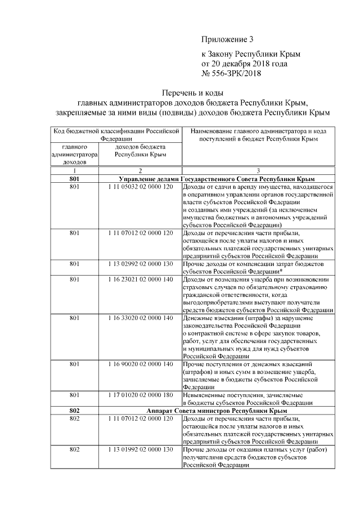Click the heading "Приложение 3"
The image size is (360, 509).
(228, 39)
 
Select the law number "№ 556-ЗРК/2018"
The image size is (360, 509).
(231, 73)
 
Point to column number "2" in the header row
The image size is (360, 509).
(140, 170)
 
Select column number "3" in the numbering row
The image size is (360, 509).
(258, 170)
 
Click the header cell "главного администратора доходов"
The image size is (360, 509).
(74, 153)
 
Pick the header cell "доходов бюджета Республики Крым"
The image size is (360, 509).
(140, 149)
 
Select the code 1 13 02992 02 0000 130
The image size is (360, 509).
(140, 263)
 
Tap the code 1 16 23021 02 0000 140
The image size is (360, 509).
(140, 279)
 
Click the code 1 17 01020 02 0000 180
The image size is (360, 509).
(140, 395)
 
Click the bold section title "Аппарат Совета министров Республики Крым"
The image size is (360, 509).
(217, 411)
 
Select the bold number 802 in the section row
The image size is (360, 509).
(74, 411)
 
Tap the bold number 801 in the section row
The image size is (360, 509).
(74, 178)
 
